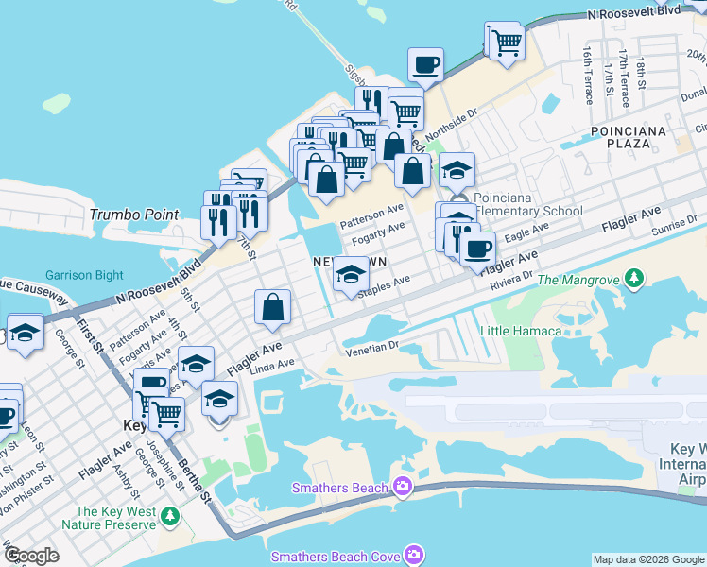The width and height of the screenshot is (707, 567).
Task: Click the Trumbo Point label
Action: (133, 215)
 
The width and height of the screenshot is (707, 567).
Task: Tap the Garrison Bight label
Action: (84, 275)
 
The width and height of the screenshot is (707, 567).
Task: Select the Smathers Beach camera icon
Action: (403, 487)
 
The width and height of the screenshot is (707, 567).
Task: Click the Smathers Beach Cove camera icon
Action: (413, 555)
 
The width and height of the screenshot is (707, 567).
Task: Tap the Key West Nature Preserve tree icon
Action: (170, 516)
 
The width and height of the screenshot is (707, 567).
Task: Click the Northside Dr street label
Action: (453, 125)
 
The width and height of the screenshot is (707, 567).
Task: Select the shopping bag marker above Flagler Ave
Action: (272, 308)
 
